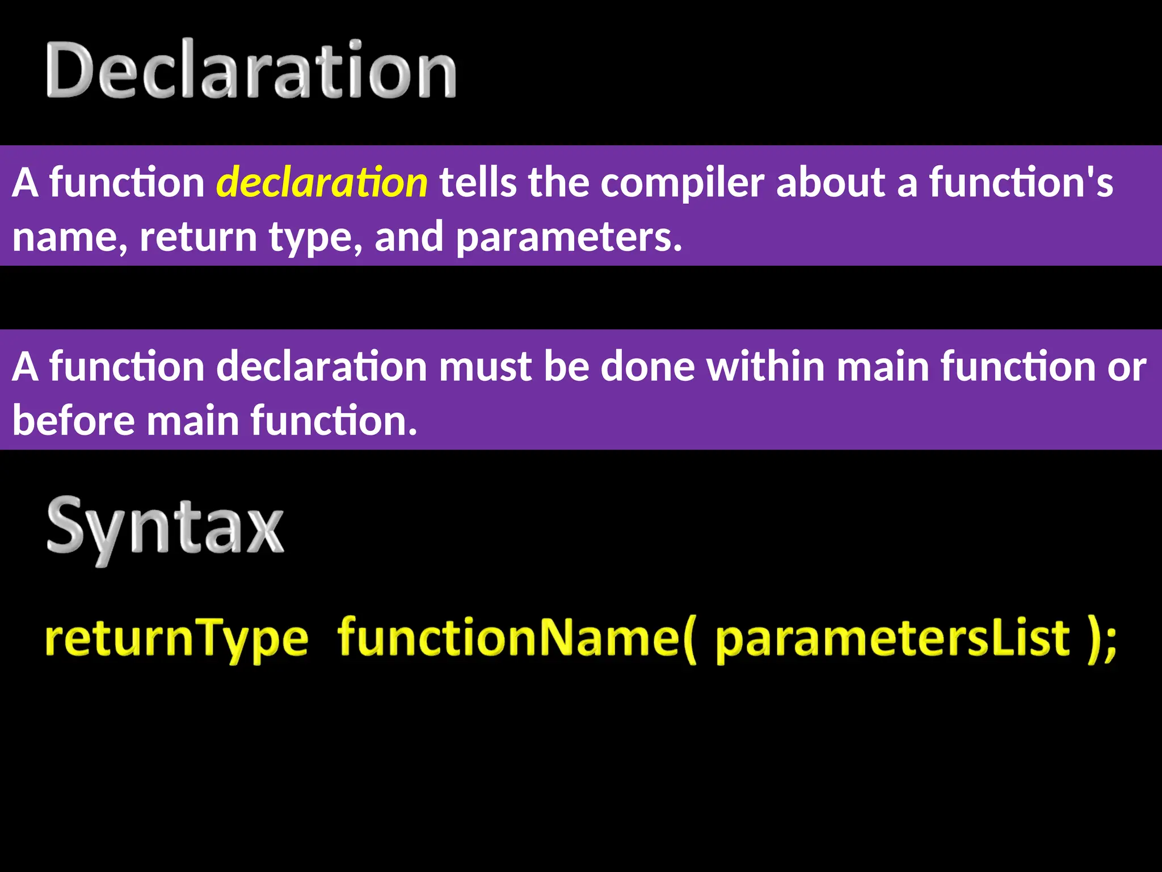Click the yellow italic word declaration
[322, 183]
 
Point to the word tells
[478, 183]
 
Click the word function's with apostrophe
[1021, 183]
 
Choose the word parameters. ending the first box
[569, 237]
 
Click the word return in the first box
[198, 237]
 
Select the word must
[485, 367]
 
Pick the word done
[647, 367]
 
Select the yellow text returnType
[176, 639]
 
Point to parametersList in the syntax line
[892, 639]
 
